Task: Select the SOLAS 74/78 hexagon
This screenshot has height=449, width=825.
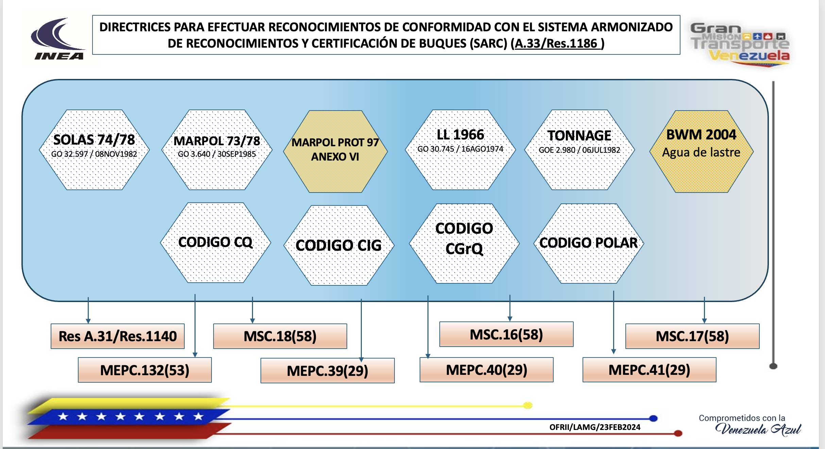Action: tap(94, 150)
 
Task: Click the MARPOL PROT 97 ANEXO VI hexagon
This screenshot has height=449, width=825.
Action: tap(335, 151)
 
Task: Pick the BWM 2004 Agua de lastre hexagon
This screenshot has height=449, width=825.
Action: tap(701, 151)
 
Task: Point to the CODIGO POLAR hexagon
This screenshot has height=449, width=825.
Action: tap(588, 243)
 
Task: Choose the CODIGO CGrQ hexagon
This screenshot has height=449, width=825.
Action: tap(464, 243)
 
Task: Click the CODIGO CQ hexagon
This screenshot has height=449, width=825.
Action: tap(215, 243)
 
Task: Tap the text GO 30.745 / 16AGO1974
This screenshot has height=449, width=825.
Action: tap(460, 149)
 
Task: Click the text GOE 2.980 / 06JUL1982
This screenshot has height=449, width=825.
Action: tap(579, 150)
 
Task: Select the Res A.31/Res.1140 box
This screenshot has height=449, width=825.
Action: tap(118, 336)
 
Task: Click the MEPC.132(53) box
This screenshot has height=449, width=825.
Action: tap(145, 370)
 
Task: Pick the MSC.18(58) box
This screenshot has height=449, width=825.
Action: tap(280, 336)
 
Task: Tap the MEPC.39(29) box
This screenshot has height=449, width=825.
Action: tap(327, 371)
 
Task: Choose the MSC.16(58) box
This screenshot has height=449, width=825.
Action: tap(506, 334)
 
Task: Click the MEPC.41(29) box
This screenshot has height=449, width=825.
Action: tap(649, 370)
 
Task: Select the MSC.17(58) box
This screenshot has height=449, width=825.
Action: tap(692, 336)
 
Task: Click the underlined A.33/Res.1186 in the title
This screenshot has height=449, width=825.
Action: tap(558, 44)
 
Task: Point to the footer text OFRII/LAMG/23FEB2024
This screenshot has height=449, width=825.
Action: tap(595, 427)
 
